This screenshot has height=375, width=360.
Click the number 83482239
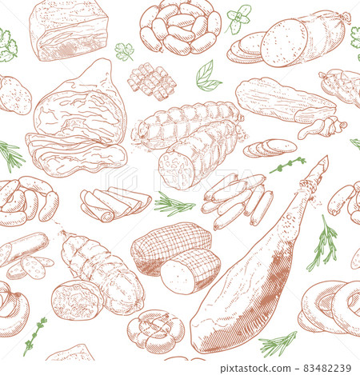pos(327,369)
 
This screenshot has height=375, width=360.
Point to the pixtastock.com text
pos(255,369)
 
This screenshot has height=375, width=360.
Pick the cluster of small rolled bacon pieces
pos(152,81)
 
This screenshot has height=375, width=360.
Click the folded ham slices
pos(115,204)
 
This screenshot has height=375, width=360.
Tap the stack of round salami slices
pos(270,147)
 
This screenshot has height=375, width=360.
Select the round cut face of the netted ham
pos(176,277)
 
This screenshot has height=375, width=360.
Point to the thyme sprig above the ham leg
pos(287,166)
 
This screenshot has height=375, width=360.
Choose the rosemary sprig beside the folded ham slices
pos(174,204)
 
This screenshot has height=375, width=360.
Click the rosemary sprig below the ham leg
pos(278,343)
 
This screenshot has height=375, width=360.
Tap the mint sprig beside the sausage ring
pos(238,18)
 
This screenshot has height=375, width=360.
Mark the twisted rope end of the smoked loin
pos(322,127)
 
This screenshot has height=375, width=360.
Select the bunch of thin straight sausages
pos(237,201)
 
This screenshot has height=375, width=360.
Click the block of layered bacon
pos(69,30)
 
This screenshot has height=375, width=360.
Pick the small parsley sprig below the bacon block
pos(124,51)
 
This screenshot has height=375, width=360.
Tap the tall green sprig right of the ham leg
pos(322,244)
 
